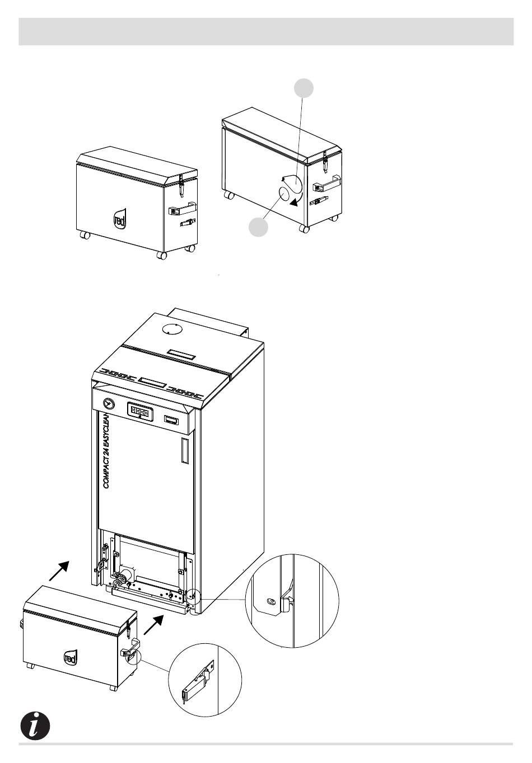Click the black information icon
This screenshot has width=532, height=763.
tap(35, 726)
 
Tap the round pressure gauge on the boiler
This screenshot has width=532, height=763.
tap(107, 403)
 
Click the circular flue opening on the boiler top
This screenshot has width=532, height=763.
tap(172, 329)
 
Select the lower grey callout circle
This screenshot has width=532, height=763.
tap(258, 227)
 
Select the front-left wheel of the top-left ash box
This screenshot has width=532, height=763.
tap(85, 236)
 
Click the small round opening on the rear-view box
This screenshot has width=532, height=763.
tap(287, 193)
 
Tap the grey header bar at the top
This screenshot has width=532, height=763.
tap(266, 31)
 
